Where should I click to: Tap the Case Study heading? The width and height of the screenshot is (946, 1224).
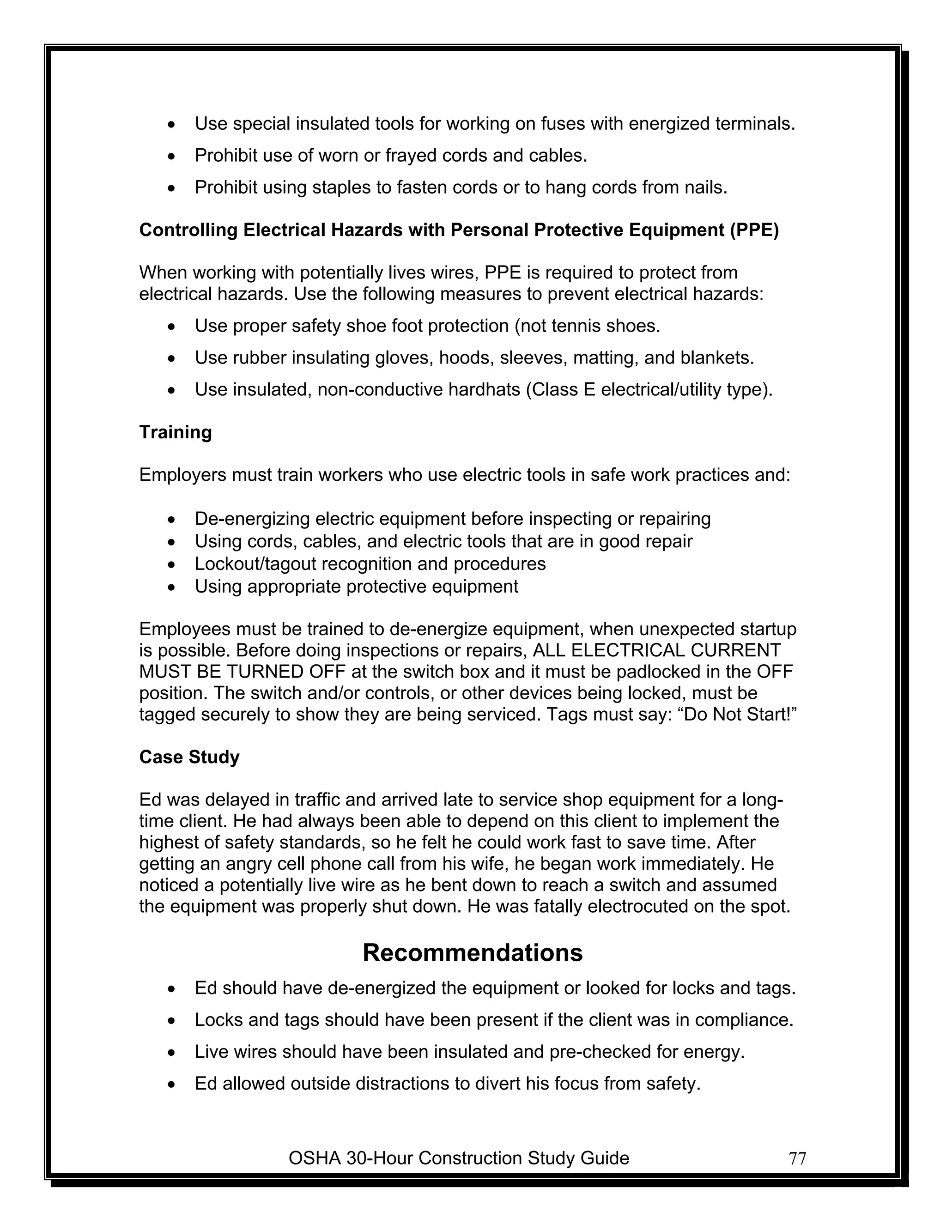(189, 757)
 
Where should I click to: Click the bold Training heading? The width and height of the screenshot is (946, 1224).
(176, 432)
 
